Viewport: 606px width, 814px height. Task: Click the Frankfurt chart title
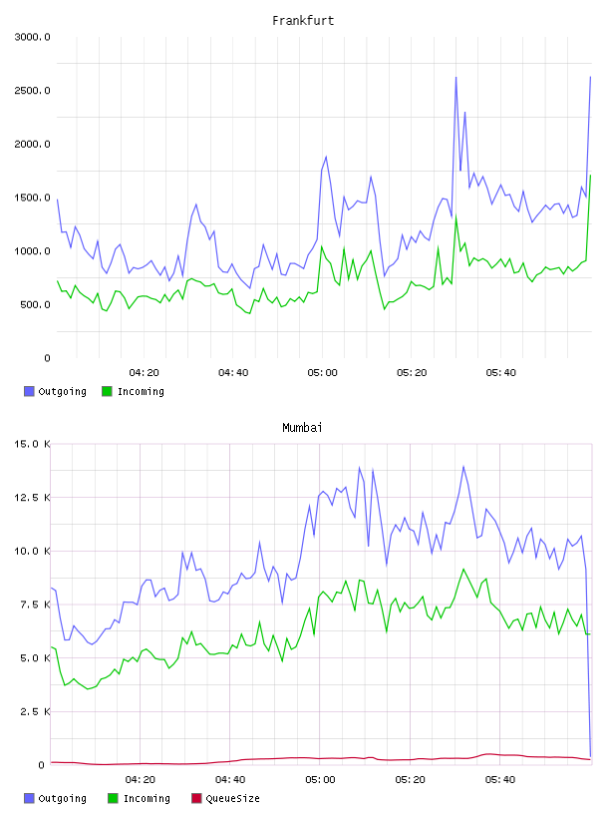pos(303,21)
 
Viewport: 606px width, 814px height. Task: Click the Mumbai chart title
pos(302,428)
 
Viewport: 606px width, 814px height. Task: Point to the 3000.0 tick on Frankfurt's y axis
pos(32,37)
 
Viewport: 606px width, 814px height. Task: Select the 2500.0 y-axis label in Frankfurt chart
pos(32,91)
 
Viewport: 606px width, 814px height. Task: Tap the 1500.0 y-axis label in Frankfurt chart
pos(32,198)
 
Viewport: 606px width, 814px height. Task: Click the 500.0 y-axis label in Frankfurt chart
pos(35,304)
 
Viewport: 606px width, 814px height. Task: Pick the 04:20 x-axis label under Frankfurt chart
pos(144,373)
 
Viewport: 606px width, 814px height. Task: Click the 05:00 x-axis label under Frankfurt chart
pos(322,373)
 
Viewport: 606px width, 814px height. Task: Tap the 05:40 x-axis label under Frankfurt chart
pos(500,373)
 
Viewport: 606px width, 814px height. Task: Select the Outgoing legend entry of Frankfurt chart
pos(55,391)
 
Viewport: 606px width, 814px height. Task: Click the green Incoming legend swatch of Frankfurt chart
pos(107,391)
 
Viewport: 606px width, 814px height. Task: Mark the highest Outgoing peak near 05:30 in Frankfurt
pos(456,78)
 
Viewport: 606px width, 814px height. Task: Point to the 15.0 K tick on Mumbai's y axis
pos(32,444)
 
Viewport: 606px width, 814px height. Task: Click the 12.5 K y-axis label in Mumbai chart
pos(32,498)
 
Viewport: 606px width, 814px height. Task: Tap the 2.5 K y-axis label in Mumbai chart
pos(35,711)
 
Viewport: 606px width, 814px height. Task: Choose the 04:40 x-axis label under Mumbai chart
pos(230,780)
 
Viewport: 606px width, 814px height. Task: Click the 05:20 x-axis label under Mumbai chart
pos(410,780)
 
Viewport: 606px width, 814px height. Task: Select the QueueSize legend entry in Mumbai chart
pos(225,798)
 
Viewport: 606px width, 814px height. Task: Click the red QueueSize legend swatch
pos(196,798)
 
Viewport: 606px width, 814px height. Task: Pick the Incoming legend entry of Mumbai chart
pos(140,798)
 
